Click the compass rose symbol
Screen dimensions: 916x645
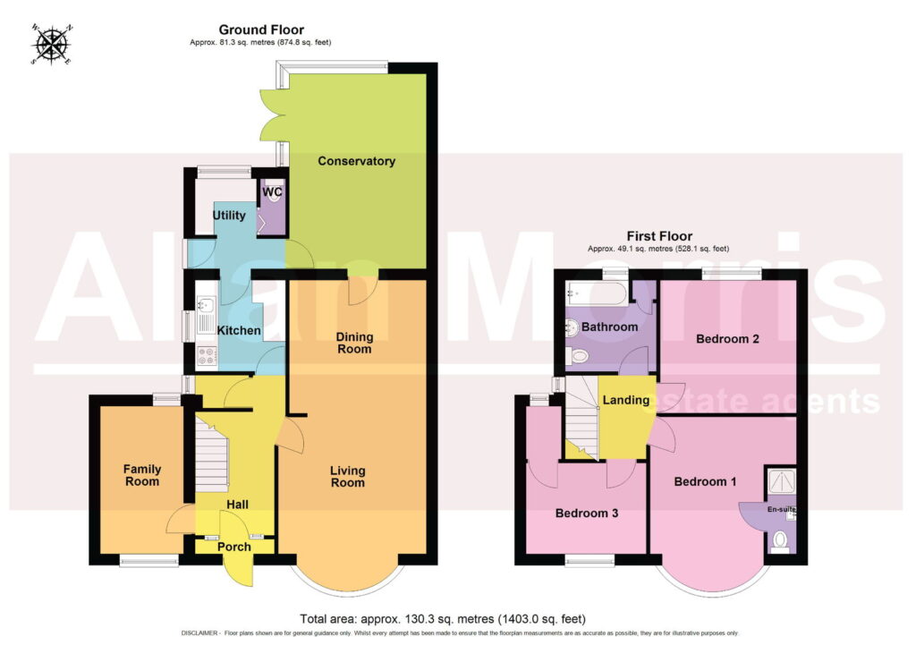point(52,45)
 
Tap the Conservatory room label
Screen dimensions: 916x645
point(356,161)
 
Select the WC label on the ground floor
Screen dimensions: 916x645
point(272,191)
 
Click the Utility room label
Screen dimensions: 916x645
point(229,215)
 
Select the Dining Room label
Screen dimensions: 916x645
point(354,343)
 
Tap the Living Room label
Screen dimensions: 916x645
point(348,476)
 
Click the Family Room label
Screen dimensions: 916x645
point(142,475)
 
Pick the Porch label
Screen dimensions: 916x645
point(234,547)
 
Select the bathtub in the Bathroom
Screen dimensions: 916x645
point(596,293)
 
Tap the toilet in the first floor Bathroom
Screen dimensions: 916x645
point(578,355)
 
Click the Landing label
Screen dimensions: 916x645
point(626,400)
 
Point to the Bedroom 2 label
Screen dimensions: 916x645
point(727,339)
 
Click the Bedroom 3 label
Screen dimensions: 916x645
point(587,513)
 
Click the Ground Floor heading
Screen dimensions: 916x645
point(261,30)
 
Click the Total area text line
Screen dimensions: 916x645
point(443,618)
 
